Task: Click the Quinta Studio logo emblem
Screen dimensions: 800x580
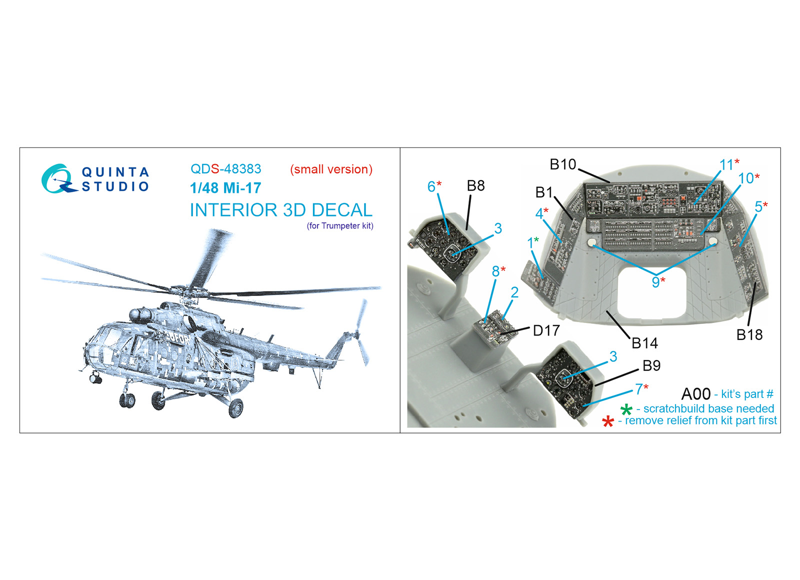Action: (58, 179)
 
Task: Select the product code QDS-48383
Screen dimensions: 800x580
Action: (225, 169)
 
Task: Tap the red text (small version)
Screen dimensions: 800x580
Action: (331, 169)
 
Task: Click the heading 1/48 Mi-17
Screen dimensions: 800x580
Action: (225, 188)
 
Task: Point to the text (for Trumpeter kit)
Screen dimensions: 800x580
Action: (340, 225)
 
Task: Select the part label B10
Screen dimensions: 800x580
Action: (563, 164)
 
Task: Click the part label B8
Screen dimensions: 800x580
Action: (475, 185)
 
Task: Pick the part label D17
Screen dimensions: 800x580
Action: (546, 330)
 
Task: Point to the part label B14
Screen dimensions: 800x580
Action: (644, 343)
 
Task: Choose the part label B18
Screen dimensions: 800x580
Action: (749, 334)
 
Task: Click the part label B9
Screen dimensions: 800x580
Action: (651, 365)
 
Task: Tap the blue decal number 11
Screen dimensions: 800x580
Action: (726, 165)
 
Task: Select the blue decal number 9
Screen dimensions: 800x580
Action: (655, 282)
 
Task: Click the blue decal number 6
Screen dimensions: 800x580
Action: (431, 186)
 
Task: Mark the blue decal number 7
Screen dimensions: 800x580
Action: (639, 389)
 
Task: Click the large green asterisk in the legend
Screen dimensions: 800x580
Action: (626, 410)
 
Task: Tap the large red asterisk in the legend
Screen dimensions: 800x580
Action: (607, 422)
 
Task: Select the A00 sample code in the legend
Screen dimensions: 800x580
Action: (695, 394)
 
